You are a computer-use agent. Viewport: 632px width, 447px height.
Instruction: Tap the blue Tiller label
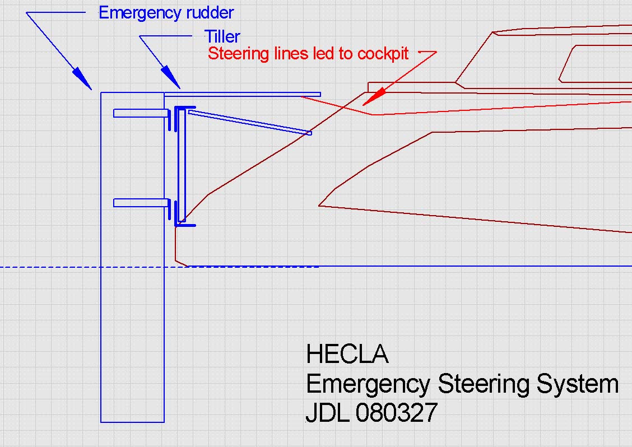[x=222, y=37]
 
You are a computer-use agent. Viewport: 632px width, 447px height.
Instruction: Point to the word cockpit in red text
[x=383, y=54]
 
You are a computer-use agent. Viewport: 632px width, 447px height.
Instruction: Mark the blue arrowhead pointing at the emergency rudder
[x=81, y=77]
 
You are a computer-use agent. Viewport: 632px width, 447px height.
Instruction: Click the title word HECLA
[x=347, y=355]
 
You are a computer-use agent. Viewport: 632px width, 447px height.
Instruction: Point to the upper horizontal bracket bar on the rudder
[x=140, y=113]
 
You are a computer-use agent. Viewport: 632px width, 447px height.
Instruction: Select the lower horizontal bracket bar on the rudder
[x=140, y=203]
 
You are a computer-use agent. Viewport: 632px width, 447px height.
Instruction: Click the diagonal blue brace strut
[x=249, y=123]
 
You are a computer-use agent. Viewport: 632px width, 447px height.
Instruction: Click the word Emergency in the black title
[x=368, y=385]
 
